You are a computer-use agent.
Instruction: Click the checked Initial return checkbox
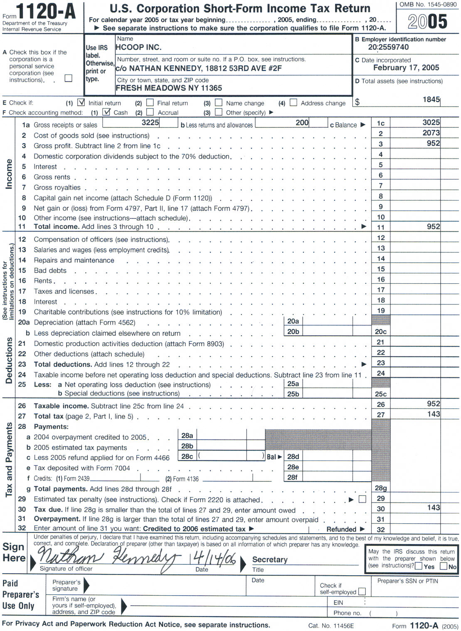tap(81, 102)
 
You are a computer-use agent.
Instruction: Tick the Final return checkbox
tap(150, 102)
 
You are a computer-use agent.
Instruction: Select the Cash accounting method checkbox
tap(107, 112)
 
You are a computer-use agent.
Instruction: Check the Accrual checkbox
tap(150, 112)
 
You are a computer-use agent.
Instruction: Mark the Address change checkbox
tap(293, 102)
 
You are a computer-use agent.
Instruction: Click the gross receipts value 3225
tap(150, 122)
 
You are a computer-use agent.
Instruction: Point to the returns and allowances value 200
tap(302, 123)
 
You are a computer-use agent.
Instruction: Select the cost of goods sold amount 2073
tap(431, 133)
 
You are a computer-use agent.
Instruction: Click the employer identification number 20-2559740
tap(388, 47)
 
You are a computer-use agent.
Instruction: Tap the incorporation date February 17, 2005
tap(406, 68)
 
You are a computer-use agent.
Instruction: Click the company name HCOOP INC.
tap(138, 47)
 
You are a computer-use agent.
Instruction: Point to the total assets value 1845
tap(431, 99)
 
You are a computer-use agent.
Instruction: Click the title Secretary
tap(270, 559)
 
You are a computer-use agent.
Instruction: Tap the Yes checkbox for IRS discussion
tap(419, 566)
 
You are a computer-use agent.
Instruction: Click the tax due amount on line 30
tap(433, 507)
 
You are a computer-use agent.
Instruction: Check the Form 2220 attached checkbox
tap(362, 499)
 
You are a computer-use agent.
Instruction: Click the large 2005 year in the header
tap(427, 22)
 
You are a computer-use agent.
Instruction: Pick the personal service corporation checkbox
tap(69, 78)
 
